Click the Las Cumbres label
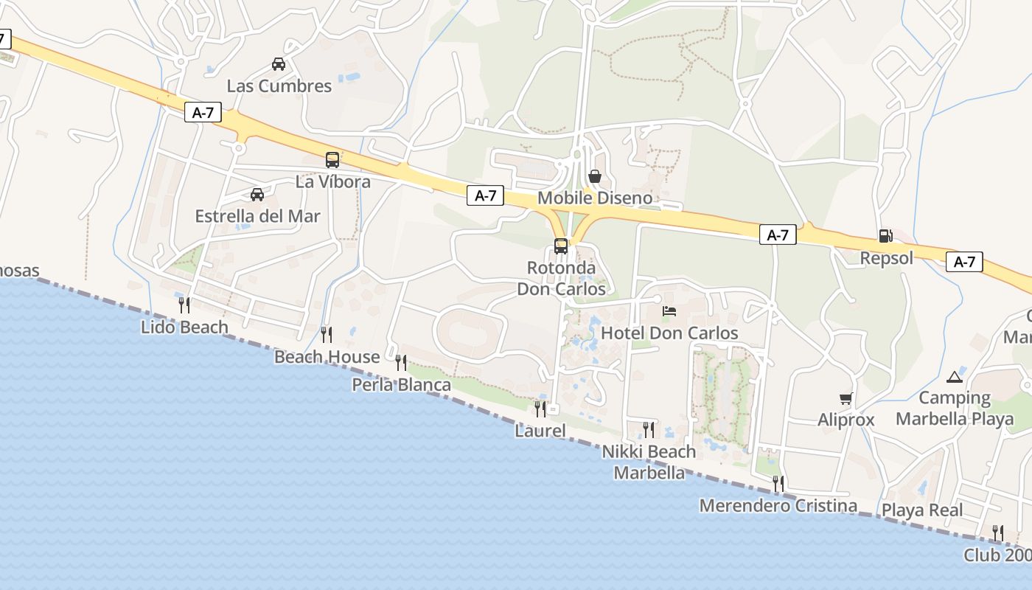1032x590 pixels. pos(279,86)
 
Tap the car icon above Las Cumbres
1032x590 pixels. pos(279,64)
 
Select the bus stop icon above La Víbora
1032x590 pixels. pos(332,159)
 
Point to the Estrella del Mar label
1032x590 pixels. pos(257,216)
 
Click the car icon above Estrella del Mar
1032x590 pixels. pos(257,195)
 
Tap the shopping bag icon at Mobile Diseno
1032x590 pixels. pos(595,176)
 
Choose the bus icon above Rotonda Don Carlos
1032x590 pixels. pos(561,246)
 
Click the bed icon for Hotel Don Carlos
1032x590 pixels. pos(669,311)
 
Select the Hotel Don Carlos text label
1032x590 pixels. pos(669,333)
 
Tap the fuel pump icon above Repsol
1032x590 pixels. pos(885,236)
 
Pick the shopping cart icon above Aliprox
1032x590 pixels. pos(846,398)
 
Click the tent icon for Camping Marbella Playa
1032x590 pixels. pos(955,377)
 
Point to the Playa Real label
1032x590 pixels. pos(922,510)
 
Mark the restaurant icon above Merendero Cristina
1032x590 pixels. pos(778,484)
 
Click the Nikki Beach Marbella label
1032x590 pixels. pos(649,462)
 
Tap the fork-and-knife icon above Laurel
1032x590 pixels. pos(540,409)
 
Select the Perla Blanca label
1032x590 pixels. pos(401,385)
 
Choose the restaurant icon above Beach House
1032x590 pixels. pos(327,335)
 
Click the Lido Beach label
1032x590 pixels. pos(184,327)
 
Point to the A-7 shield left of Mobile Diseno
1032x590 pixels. pos(485,195)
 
